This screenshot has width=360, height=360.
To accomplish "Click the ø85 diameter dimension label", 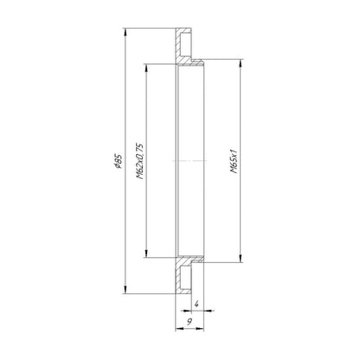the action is click(x=119, y=162).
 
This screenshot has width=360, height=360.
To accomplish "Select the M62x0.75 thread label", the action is click(x=139, y=161).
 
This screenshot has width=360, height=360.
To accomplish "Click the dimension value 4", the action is click(x=196, y=304).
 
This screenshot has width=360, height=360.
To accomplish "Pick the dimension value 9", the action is click(x=190, y=321).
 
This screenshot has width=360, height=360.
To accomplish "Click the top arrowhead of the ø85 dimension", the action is click(x=125, y=32).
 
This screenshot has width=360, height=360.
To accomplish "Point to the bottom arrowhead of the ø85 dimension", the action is click(x=125, y=290).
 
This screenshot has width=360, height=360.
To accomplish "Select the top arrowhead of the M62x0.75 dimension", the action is click(x=146, y=67).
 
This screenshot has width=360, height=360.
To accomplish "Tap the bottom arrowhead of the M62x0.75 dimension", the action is click(x=146, y=253).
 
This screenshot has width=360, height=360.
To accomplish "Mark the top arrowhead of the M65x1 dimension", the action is click(x=240, y=63).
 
